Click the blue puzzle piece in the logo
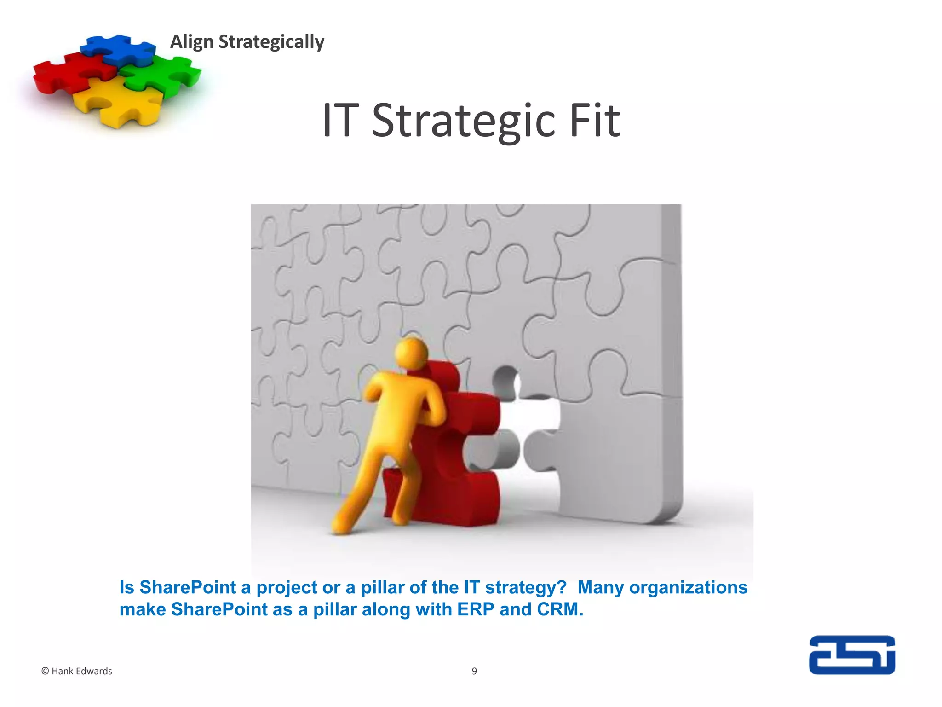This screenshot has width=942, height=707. coord(119,49)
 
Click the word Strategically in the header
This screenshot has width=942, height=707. coord(271,42)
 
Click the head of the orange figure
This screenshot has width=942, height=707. coord(411,353)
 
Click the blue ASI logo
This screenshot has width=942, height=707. coord(852,655)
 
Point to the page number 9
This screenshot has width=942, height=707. coord(474,671)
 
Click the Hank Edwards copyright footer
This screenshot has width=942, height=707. coord(77,671)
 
